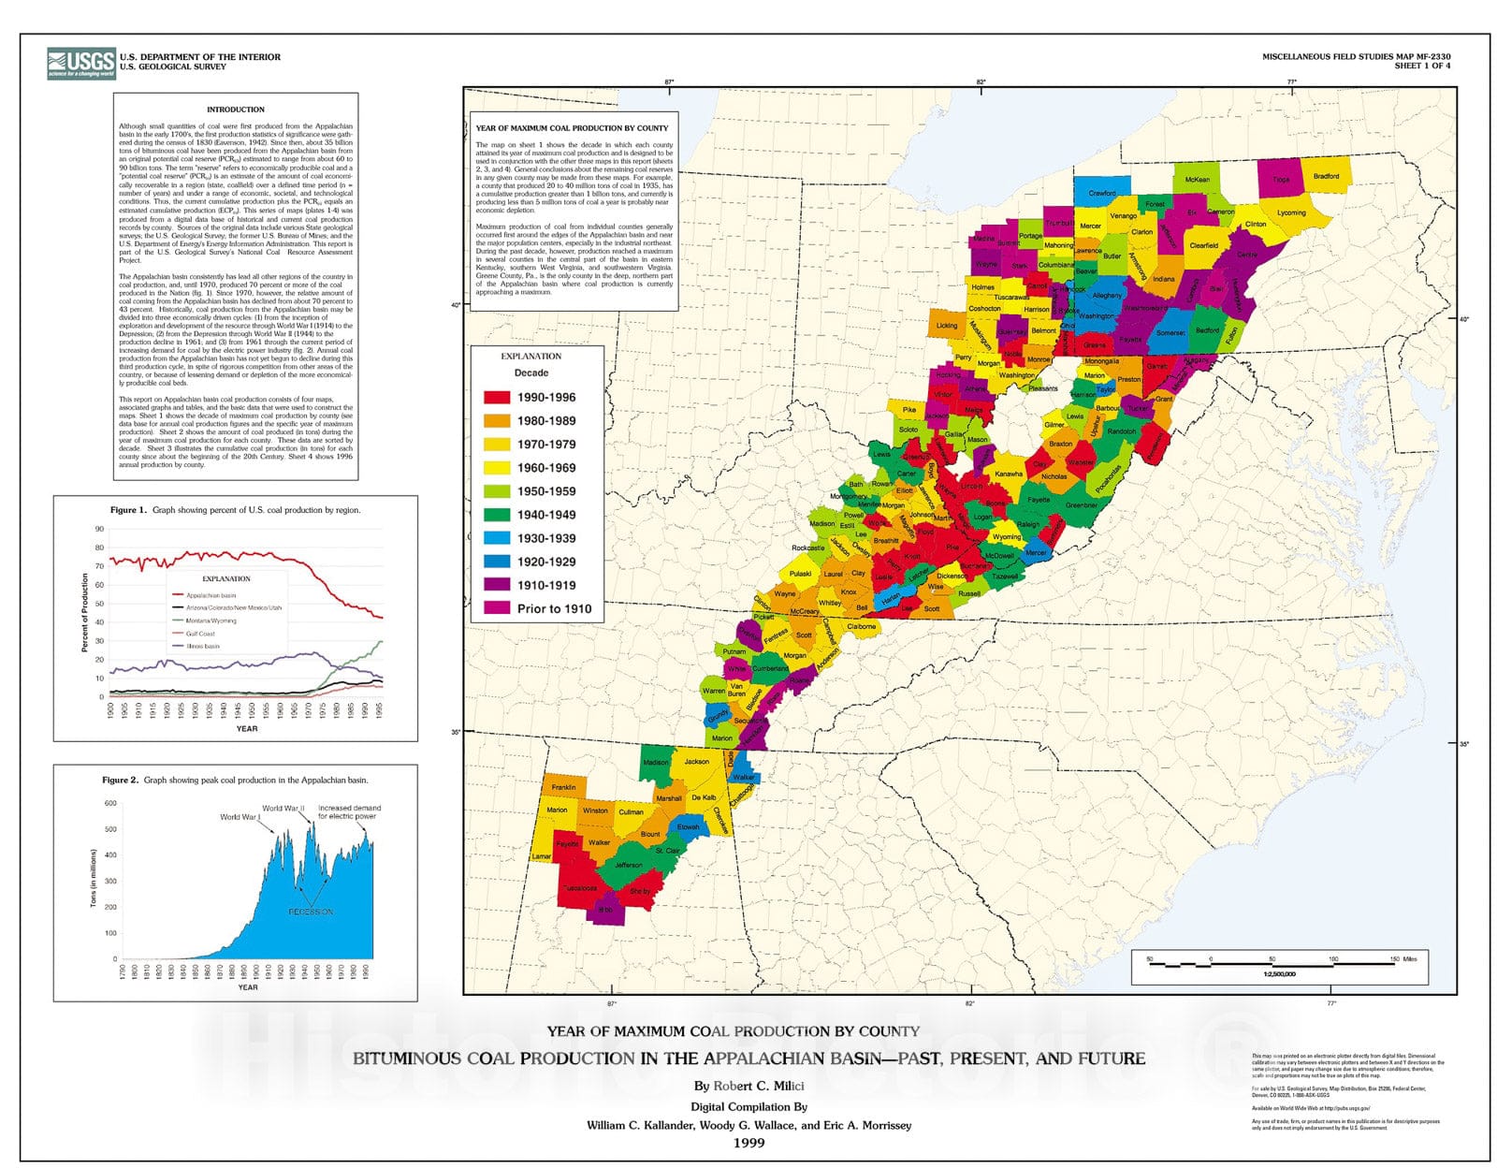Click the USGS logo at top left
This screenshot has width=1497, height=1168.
point(80,63)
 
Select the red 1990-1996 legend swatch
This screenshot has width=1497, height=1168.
point(496,397)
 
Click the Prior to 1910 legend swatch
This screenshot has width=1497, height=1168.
point(496,608)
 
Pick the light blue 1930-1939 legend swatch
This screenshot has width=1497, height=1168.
point(496,538)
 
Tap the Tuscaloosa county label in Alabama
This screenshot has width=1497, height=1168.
point(578,887)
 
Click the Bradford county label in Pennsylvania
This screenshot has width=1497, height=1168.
point(1326,176)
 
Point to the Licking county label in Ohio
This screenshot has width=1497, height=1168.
point(946,326)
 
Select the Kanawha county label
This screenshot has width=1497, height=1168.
point(1009,474)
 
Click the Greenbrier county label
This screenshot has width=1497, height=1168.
point(1081,505)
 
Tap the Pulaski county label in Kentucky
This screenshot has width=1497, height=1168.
point(800,574)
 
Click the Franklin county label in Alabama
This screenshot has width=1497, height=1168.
point(563,787)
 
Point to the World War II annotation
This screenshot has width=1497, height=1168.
point(283,808)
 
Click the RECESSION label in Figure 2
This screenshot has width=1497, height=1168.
point(310,911)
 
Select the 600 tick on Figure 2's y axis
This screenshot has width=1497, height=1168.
point(110,803)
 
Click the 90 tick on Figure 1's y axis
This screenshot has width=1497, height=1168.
point(99,530)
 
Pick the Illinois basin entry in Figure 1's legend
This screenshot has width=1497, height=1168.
point(202,646)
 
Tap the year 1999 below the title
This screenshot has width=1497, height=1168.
point(748,1143)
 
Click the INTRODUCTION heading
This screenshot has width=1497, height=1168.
point(235,109)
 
